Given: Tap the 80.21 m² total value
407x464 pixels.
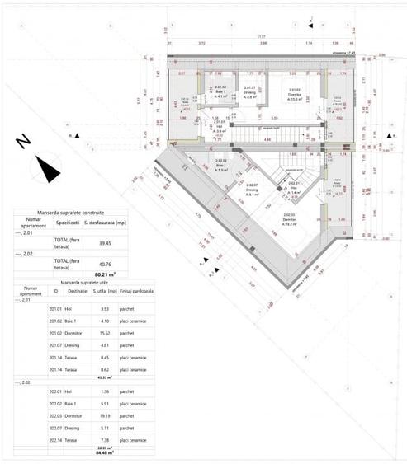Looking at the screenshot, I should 104,273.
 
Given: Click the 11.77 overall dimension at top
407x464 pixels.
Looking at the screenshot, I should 261,35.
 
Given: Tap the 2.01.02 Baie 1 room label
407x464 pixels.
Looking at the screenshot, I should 220,91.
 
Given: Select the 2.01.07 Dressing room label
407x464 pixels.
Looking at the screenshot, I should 249,91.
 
